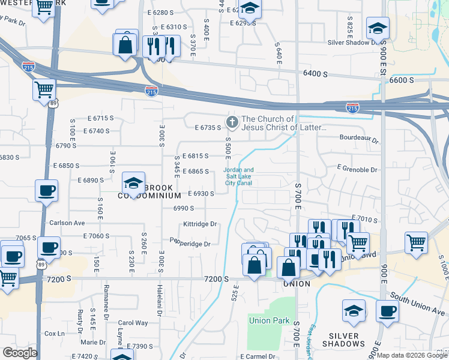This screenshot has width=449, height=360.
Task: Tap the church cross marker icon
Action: tap(232, 123)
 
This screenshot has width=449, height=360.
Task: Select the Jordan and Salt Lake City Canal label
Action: tap(239, 176)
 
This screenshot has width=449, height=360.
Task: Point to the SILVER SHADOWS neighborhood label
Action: tap(343, 340)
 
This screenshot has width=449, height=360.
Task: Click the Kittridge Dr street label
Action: tap(200, 224)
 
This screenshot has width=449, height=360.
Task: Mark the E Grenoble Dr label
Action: tap(357, 170)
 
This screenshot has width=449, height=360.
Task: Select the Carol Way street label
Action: tap(133, 323)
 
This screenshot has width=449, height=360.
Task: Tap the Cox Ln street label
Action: tap(54, 334)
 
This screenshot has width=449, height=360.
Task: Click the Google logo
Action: tap(19, 353)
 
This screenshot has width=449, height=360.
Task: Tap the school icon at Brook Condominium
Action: tap(133, 182)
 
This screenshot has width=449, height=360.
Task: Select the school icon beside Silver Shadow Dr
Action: tap(378, 28)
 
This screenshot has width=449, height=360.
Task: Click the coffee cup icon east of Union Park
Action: tap(387, 311)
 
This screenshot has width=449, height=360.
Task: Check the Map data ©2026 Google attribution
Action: tap(412, 355)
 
